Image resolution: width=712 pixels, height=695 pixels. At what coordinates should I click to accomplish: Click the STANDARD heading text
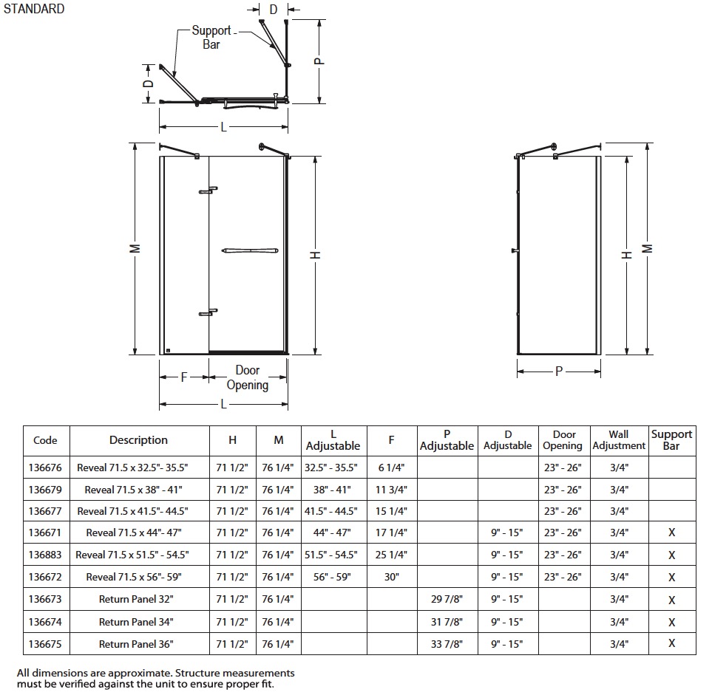pos(34,9)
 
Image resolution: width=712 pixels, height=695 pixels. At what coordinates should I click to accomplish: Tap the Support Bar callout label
pos(211,37)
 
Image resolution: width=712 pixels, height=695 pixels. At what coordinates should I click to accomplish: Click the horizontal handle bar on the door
pos(250,250)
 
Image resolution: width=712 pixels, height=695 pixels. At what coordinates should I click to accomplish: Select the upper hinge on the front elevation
pos(208,190)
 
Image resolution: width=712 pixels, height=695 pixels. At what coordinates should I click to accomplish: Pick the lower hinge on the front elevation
pos(208,312)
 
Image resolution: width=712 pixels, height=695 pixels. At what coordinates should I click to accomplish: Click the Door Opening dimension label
pos(248,377)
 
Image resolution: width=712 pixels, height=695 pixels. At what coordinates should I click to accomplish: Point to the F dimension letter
pos(184,377)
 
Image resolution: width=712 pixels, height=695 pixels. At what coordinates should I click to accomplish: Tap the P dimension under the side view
pos(559,372)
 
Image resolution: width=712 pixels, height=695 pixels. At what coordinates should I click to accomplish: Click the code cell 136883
pos(45,555)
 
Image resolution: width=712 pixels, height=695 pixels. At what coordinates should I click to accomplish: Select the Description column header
pos(138,440)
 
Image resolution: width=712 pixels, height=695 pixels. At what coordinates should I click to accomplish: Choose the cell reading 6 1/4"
pos(391,468)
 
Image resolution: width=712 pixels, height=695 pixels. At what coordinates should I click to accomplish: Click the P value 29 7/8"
pos(447,599)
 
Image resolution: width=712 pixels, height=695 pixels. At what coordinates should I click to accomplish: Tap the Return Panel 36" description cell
pos(136,644)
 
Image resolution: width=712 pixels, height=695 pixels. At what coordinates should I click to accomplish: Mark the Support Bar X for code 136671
pos(672,533)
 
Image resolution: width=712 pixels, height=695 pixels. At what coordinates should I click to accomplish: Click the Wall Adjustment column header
pos(619,440)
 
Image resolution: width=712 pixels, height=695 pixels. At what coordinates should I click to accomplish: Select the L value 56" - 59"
pos(332,577)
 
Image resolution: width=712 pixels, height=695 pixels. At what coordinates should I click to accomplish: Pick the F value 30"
pos(391,577)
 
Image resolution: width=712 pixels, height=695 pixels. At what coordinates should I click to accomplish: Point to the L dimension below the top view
pos(223,127)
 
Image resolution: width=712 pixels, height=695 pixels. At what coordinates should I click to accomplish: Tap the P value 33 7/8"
pos(447,644)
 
